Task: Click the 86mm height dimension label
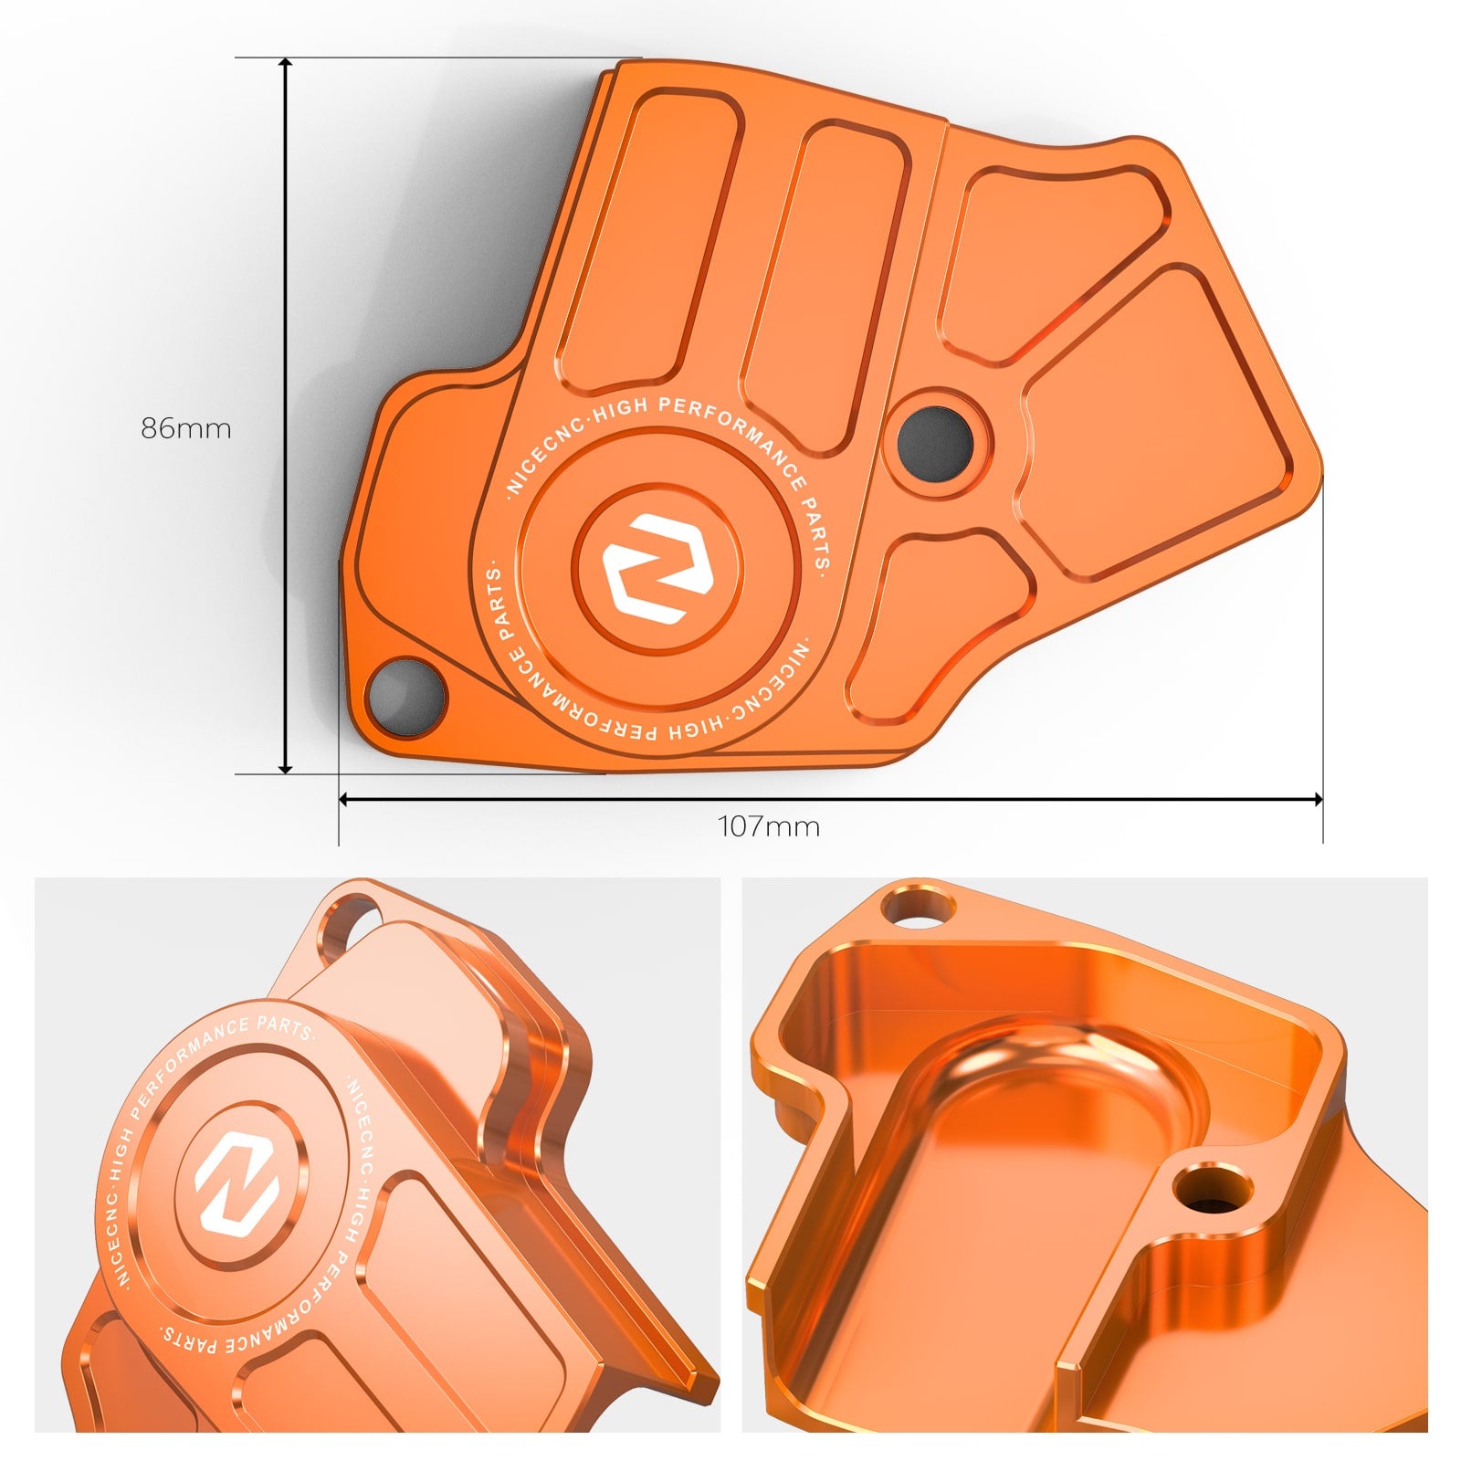[x=186, y=428]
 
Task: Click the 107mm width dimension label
[x=769, y=826]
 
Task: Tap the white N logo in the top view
[x=657, y=568]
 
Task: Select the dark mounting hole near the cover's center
[x=934, y=444]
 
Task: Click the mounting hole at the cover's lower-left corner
[x=405, y=696]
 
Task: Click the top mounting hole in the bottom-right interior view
[x=919, y=908]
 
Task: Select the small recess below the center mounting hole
[x=941, y=621]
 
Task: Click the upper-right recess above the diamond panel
[x=1050, y=256]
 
